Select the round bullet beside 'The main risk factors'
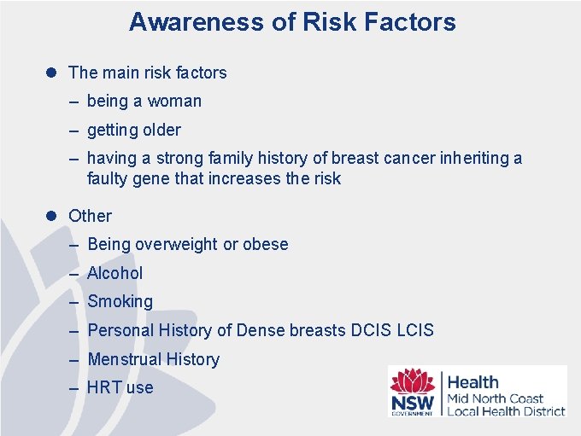point(50,73)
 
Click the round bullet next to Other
point(50,216)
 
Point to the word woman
point(174,102)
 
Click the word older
point(161,131)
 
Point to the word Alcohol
point(115,273)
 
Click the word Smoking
point(120,302)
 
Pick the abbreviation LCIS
point(416,330)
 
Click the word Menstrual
point(124,359)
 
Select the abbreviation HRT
point(104,388)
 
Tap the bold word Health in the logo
point(472,382)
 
